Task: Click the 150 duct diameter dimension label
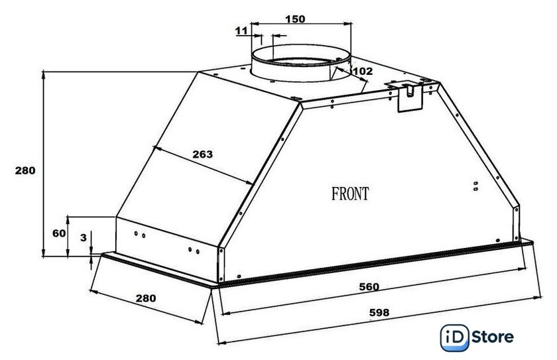coord(295,19)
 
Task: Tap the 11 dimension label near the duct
coord(241,31)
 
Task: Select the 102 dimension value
coord(363,72)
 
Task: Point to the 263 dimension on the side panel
coord(202,154)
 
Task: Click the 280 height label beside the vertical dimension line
coord(25,171)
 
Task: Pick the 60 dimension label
coord(59,233)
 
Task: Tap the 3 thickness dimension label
coord(83,237)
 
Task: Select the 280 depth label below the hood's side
coord(146,298)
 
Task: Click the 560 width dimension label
coord(369,286)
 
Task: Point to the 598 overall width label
coord(379,312)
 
